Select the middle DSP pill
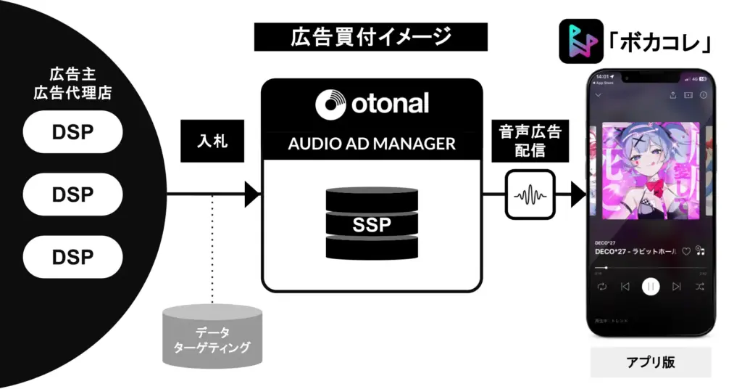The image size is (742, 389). tap(72, 194)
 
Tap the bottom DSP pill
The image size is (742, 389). tap(72, 257)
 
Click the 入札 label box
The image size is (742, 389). tap(212, 141)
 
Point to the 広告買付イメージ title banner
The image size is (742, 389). tap(370, 36)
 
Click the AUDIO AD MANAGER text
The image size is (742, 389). tap(372, 144)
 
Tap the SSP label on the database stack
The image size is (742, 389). tap(372, 225)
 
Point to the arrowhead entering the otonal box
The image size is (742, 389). tap(252, 194)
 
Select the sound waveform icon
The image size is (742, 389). tap(530, 194)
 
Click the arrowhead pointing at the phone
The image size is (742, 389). tap(578, 194)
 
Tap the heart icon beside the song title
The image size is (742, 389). tap(686, 251)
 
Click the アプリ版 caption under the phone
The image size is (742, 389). tap(650, 362)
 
